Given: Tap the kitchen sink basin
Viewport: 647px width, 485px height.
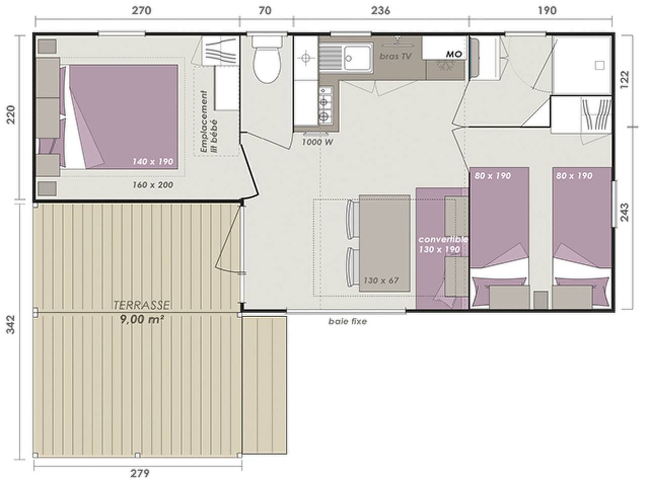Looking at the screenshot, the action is click(357, 58).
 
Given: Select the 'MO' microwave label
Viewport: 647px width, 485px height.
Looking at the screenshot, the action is click(454, 54).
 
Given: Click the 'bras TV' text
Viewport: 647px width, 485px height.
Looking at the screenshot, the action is click(395, 56).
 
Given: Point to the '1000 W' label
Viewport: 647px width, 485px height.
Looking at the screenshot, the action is click(317, 142).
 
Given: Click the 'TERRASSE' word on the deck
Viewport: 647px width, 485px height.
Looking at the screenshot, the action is click(142, 305).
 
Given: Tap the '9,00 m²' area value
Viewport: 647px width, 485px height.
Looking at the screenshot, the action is click(142, 319).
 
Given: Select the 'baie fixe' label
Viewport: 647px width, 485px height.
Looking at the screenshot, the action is click(348, 321).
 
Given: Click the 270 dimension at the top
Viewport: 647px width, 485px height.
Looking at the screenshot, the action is click(142, 11).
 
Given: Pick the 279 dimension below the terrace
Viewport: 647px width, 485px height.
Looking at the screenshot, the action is click(140, 474).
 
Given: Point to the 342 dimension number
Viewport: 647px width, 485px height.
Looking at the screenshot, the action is click(11, 324).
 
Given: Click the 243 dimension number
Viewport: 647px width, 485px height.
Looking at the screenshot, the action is click(624, 212).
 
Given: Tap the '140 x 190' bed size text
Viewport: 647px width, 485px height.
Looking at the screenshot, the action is click(153, 162).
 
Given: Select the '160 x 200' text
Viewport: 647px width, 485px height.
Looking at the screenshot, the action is click(153, 185).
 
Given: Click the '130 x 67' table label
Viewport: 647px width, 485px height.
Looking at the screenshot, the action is click(381, 280).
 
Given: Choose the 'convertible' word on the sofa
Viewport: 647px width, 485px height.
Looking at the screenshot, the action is click(443, 239).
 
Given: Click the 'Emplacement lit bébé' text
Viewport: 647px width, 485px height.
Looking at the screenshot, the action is click(209, 122).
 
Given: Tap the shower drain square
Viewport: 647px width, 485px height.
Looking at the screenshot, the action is click(599, 65).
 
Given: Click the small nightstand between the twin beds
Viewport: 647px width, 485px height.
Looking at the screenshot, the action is click(541, 300).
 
